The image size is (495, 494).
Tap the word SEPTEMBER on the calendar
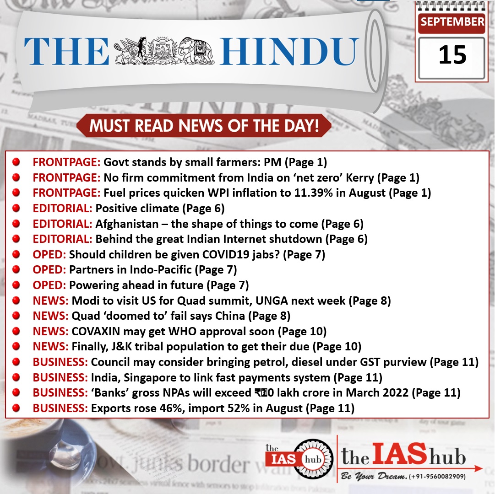pyautogui.click(x=452, y=21)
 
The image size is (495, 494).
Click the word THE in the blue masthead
pyautogui.click(x=66, y=51)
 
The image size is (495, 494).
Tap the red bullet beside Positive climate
pyautogui.click(x=16, y=209)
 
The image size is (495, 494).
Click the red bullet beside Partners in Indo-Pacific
pyautogui.click(x=16, y=270)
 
